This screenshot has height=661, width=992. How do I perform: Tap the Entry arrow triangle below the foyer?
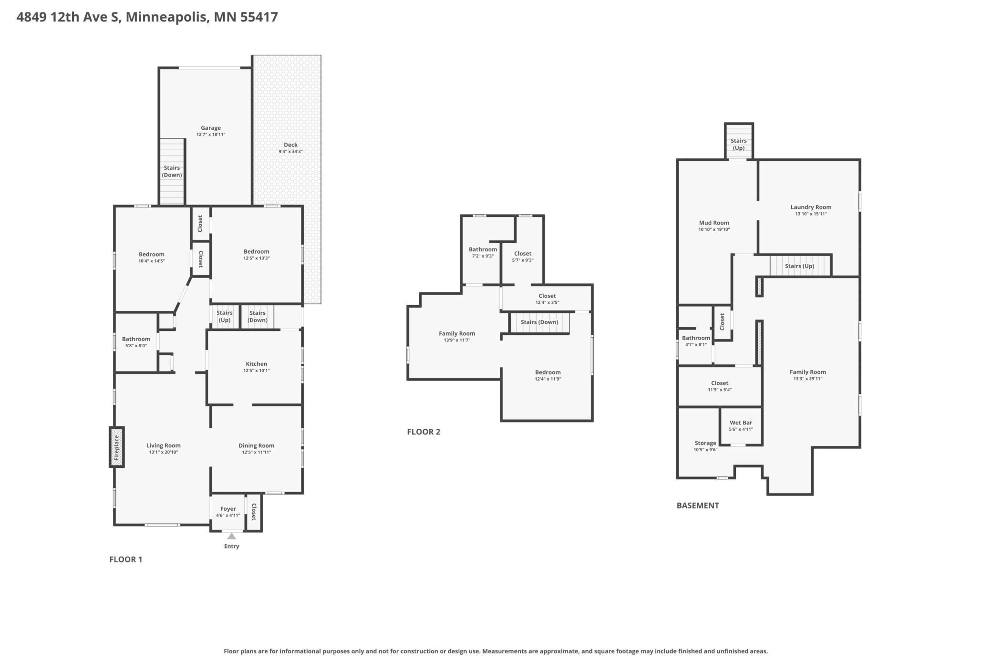(232, 536)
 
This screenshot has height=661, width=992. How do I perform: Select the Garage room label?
(211, 128)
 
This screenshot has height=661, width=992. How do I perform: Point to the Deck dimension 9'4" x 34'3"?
(291, 152)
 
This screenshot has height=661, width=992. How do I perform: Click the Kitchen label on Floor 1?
(257, 364)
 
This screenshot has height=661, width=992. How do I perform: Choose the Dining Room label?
(257, 445)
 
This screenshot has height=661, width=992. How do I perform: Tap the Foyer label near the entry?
(228, 509)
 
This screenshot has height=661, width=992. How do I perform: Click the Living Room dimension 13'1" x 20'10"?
(164, 452)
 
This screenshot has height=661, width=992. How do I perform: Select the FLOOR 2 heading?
(424, 432)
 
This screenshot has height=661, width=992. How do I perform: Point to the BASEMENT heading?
(698, 506)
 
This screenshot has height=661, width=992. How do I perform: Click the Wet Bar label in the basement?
(741, 423)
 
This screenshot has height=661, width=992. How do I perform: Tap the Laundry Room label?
(811, 207)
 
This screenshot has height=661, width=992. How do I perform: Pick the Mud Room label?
(714, 223)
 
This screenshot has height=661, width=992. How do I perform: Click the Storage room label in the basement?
(705, 443)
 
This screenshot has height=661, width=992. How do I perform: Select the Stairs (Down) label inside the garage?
(172, 171)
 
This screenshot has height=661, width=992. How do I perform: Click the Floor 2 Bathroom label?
(483, 249)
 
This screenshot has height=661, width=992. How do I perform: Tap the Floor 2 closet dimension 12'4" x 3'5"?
(548, 302)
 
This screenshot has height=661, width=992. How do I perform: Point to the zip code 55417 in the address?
(259, 17)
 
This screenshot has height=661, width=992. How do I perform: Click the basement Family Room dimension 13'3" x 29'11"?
(808, 379)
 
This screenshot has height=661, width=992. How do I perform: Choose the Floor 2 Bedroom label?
(548, 372)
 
